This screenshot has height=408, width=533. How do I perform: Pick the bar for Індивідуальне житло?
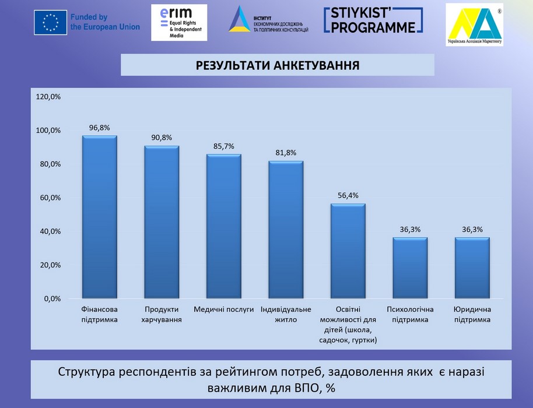(286, 230)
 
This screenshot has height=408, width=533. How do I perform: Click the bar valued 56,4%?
(348, 251)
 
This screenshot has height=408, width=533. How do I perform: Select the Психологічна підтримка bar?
(410, 268)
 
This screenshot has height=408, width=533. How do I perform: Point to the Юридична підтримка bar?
(472, 268)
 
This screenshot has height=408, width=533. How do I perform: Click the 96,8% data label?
(99, 128)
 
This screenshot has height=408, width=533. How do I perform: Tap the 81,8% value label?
(286, 153)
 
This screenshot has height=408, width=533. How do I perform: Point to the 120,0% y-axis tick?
(48, 97)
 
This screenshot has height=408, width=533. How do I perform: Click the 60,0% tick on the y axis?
(48, 198)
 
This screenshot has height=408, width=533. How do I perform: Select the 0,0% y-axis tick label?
(51, 298)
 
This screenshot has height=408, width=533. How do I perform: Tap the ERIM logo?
(178, 22)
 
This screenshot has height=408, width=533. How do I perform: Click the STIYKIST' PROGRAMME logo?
(373, 20)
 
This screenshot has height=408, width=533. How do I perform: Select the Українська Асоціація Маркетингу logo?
(474, 24)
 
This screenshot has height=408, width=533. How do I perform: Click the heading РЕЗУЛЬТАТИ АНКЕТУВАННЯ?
(277, 65)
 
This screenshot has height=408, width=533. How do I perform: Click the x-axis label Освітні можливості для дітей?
(348, 325)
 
